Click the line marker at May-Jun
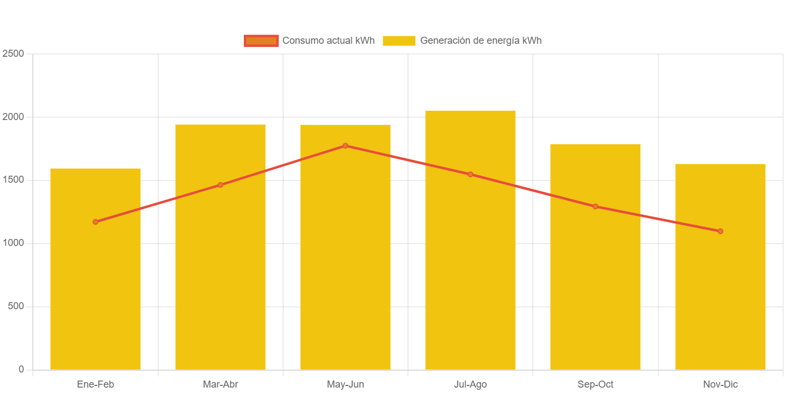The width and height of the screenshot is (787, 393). click(345, 145)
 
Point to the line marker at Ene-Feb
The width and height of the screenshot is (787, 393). click(95, 222)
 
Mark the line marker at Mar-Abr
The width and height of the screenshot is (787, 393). click(221, 185)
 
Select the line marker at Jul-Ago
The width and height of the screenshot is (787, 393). click(470, 174)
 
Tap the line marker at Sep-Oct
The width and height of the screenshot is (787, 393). click(595, 207)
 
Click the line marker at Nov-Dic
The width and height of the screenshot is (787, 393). click(720, 231)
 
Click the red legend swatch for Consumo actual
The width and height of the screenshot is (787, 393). click(261, 41)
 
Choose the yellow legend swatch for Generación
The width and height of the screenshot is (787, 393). click(399, 41)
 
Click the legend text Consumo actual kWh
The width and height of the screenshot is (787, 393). click(328, 41)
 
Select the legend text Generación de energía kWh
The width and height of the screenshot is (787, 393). click(481, 41)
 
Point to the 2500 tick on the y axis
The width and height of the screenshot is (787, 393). click(13, 54)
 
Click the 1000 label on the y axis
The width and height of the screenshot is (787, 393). click(13, 243)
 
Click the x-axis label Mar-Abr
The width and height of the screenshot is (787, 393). click(221, 384)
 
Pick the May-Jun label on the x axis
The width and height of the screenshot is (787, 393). click(345, 384)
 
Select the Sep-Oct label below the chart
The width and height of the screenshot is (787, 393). click(595, 384)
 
